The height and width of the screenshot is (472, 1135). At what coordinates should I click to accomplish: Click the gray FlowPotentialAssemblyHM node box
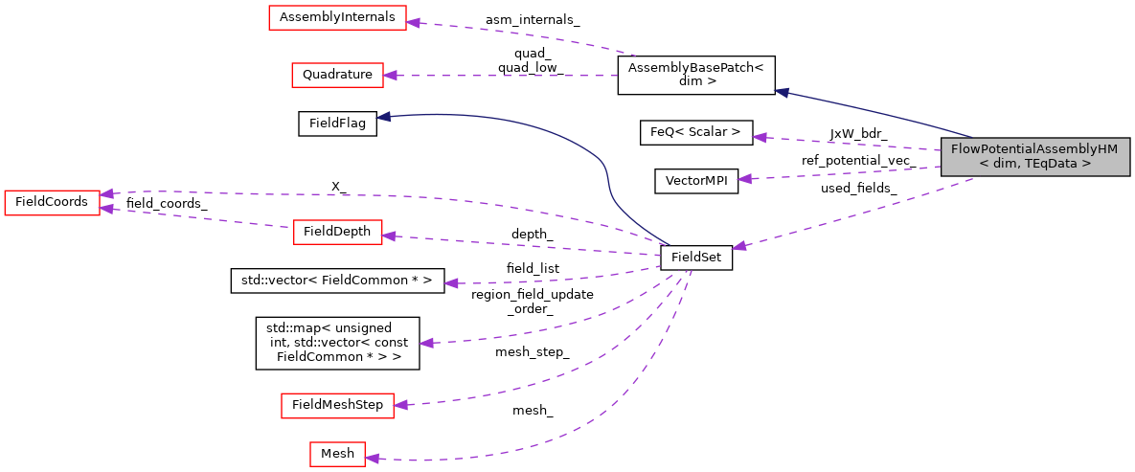coord(1034,156)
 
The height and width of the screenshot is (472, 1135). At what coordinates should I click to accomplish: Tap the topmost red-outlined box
coord(337,17)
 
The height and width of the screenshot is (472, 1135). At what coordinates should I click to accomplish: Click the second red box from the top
coord(337,75)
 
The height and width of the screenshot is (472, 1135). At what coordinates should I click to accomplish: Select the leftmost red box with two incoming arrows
coord(52,202)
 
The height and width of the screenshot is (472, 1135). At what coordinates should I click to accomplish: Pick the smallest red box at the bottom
coord(337,454)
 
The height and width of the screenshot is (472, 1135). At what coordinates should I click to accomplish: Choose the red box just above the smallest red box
coord(337,405)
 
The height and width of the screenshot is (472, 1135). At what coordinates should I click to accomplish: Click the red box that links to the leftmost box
coord(337,232)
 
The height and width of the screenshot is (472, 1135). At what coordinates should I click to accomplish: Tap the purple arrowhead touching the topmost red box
coord(413,22)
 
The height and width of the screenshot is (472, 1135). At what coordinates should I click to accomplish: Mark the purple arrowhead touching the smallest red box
coord(372,459)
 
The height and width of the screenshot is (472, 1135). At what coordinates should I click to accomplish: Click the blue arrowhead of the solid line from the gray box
coord(781,92)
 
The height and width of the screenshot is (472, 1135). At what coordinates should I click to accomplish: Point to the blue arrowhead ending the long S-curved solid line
coord(382,117)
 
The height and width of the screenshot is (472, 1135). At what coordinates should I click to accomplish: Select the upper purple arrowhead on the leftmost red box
coord(106,193)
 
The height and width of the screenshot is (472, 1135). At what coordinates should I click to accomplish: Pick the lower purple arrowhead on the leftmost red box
coord(106,208)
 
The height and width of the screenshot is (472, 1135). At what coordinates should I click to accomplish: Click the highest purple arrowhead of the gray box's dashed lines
coord(759,138)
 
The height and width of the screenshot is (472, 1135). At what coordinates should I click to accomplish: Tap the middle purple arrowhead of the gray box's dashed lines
coord(744,179)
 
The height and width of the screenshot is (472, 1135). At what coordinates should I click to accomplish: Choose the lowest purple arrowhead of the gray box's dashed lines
coord(738,246)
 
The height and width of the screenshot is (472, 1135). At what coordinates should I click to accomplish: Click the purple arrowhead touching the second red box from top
coord(390,75)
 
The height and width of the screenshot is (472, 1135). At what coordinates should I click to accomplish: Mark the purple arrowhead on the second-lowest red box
coord(400,405)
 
